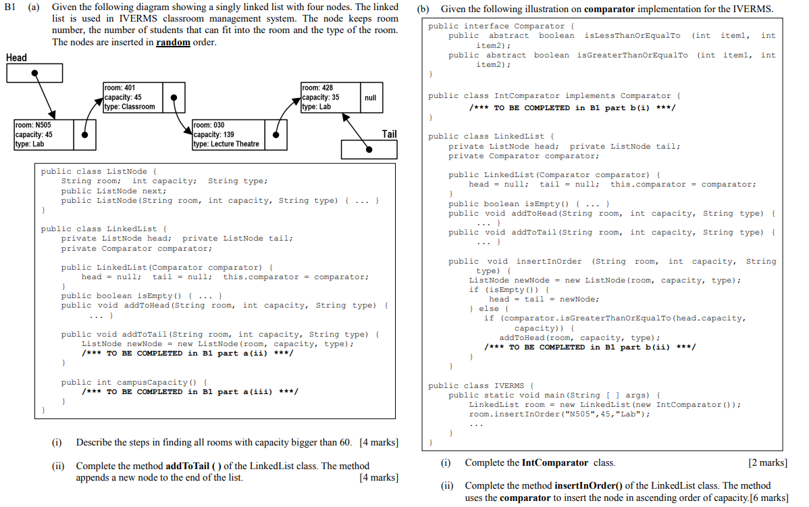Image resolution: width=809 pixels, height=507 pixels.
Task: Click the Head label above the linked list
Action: (x=16, y=57)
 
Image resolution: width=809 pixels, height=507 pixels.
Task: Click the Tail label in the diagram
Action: (x=389, y=134)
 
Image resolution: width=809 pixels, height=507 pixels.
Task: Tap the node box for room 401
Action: (x=132, y=97)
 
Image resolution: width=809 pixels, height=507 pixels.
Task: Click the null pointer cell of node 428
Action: (x=370, y=98)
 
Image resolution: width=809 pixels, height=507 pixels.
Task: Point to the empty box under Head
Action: (x=34, y=74)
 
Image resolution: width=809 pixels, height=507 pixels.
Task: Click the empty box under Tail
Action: (x=369, y=149)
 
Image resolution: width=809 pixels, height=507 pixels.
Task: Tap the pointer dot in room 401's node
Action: (x=174, y=97)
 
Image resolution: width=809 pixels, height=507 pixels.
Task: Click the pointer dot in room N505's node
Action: (x=84, y=135)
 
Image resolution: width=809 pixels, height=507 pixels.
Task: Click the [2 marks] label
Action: (x=768, y=462)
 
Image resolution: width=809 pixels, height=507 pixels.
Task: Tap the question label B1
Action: (x=11, y=9)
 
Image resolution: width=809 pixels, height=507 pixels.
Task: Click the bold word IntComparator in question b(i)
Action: (x=555, y=462)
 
